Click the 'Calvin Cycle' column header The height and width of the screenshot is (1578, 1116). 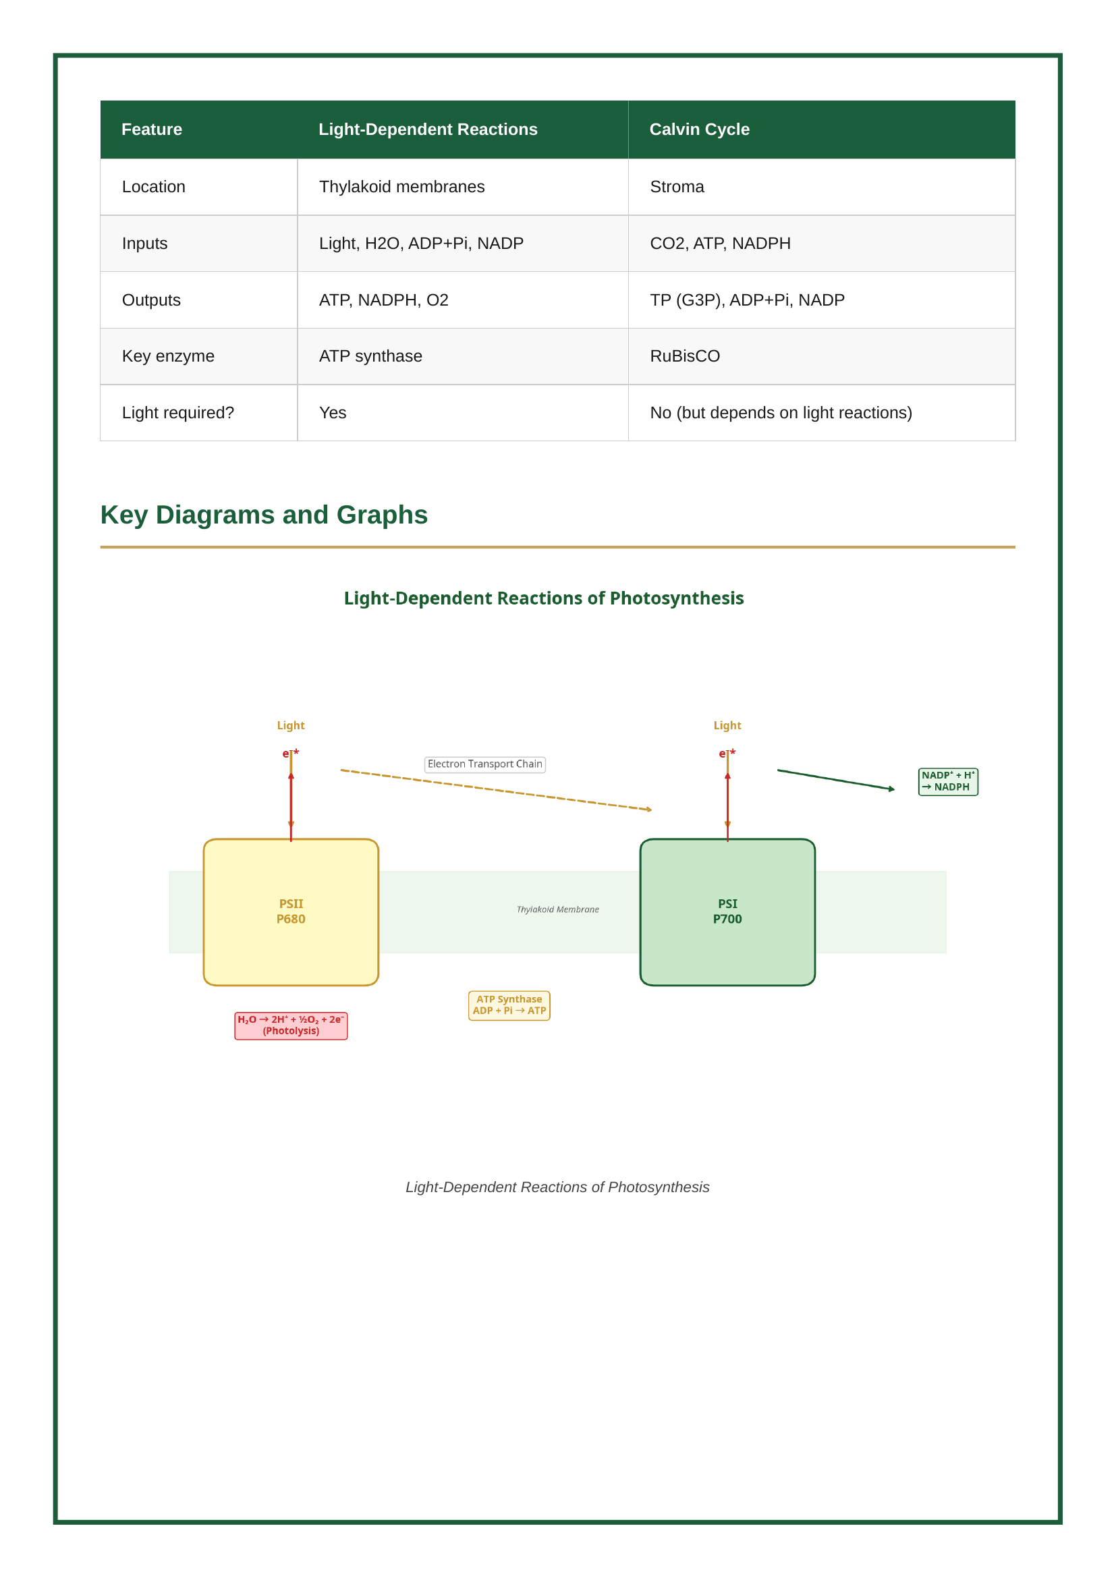tap(699, 130)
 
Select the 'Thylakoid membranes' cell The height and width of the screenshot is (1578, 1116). tap(401, 187)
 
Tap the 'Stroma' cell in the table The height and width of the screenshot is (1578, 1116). tap(677, 187)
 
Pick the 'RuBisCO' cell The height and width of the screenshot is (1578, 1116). tap(684, 356)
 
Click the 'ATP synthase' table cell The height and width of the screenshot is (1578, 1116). tap(370, 356)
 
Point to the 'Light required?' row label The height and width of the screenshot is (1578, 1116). tap(178, 412)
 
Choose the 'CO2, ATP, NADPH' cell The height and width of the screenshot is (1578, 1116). tap(720, 244)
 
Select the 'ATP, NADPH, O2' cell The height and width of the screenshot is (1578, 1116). tap(383, 300)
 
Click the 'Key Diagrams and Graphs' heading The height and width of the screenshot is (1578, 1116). tap(264, 515)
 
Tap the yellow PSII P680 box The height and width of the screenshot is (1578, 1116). tap(291, 911)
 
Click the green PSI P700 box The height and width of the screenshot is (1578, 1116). tap(727, 911)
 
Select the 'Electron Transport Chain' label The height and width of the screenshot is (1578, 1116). tap(484, 764)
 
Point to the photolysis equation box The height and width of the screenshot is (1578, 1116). tap(291, 1025)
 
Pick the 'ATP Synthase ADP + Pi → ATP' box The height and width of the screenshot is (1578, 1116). tap(509, 1005)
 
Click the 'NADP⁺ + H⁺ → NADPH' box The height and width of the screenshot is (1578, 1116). tap(947, 781)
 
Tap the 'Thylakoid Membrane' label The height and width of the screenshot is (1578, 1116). tap(557, 909)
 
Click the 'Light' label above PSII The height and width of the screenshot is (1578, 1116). tap(291, 726)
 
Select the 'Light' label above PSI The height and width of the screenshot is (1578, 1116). tap(727, 726)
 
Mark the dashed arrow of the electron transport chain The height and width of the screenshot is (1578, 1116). tap(495, 790)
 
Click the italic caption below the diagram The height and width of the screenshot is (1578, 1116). tap(557, 1187)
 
